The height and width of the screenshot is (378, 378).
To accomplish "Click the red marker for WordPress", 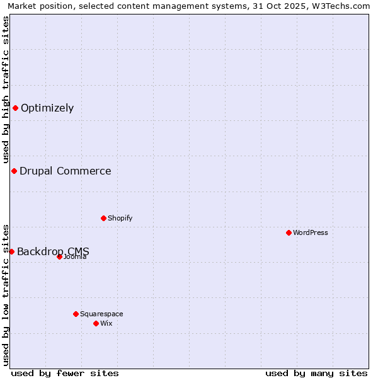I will (x=289, y=232).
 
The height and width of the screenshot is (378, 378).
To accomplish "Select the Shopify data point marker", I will (x=103, y=218).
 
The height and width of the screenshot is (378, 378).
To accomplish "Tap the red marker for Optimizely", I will (x=15, y=108).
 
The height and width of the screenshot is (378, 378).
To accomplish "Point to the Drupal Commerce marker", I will (x=14, y=171).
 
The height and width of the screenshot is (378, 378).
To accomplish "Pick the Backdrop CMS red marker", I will (x=11, y=251).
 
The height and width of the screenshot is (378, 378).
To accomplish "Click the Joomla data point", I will (x=59, y=256).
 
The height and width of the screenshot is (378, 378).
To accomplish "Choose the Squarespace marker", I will (x=76, y=314).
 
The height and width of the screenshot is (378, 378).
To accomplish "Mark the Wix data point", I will (x=96, y=323).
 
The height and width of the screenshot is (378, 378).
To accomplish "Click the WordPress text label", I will (x=311, y=232).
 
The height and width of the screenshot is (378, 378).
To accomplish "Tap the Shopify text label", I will (x=120, y=218).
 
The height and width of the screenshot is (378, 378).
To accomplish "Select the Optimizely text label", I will (x=47, y=108).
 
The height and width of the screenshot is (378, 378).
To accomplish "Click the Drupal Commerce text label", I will (x=66, y=171).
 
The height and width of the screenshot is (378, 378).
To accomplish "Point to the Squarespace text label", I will (x=101, y=314).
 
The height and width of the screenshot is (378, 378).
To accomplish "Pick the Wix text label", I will (x=106, y=323).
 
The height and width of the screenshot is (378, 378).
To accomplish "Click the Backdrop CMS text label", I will (x=53, y=251).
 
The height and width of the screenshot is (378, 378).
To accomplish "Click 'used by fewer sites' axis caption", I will (x=65, y=373).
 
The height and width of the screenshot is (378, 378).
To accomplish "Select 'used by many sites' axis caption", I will (x=316, y=373).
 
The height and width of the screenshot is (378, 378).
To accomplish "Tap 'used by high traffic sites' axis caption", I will (x=6, y=90).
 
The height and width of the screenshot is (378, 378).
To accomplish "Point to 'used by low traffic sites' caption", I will (x=6, y=294).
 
